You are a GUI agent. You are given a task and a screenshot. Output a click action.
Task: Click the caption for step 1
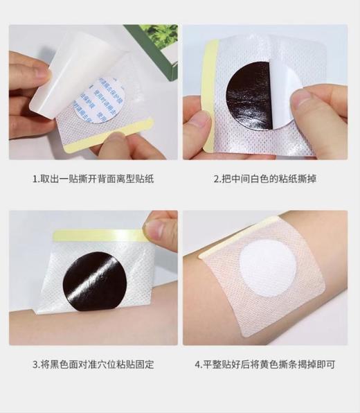tap(93, 179)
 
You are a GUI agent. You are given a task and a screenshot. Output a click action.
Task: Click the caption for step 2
tap(266, 179)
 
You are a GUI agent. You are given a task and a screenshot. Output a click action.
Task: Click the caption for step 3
tap(93, 364)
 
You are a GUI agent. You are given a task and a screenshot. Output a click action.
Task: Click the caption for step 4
tap(266, 364)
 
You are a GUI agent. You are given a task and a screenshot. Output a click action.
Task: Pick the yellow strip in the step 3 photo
tap(97, 236)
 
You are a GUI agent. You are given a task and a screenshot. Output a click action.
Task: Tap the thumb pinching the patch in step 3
tap(159, 229)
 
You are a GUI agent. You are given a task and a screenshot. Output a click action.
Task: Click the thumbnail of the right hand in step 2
tap(301, 98)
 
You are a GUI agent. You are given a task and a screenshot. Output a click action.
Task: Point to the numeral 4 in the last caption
tap(198, 364)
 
